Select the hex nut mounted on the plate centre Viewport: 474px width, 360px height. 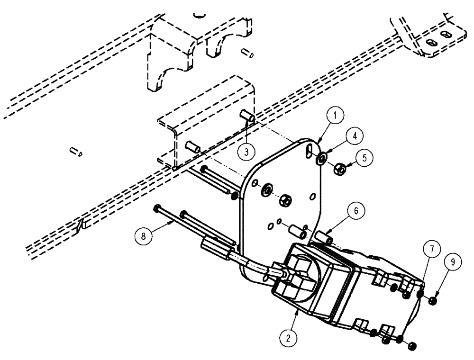pos(285,199)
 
